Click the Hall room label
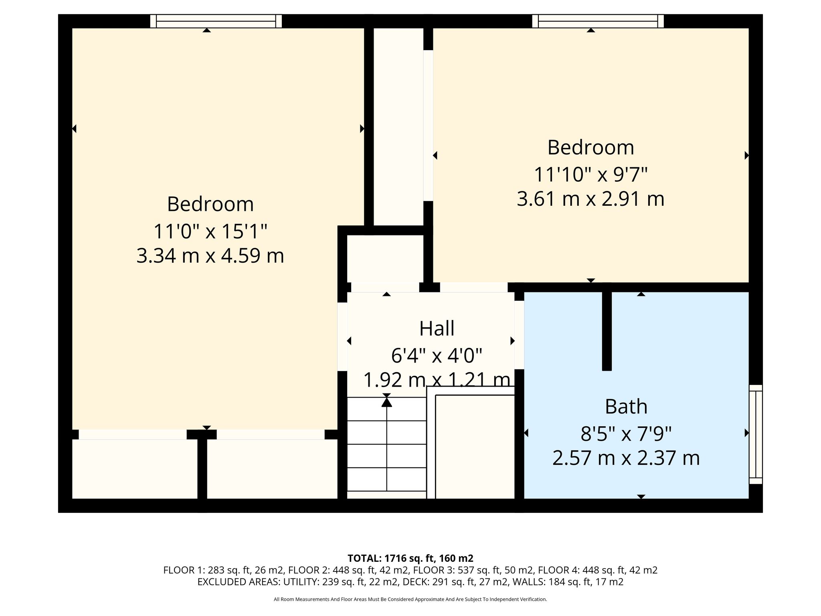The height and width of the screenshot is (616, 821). [437, 328]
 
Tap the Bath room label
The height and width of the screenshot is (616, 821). [626, 407]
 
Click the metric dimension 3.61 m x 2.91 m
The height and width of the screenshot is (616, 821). [590, 199]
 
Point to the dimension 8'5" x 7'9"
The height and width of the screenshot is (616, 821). [626, 433]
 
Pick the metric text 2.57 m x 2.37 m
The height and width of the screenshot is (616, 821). [626, 458]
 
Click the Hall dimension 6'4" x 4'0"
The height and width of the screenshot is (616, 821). [437, 355]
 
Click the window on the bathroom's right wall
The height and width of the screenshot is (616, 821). [756, 434]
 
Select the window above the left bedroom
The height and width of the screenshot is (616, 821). [216, 21]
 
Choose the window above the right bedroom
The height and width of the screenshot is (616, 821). [598, 21]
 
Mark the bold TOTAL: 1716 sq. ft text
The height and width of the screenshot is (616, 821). [410, 558]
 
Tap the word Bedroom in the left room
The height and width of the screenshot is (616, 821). [210, 204]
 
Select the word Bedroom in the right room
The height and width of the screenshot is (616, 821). [590, 148]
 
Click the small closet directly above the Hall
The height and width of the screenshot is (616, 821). [385, 259]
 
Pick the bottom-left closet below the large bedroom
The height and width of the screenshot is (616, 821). [135, 469]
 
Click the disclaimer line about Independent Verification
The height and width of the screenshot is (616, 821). [410, 600]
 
